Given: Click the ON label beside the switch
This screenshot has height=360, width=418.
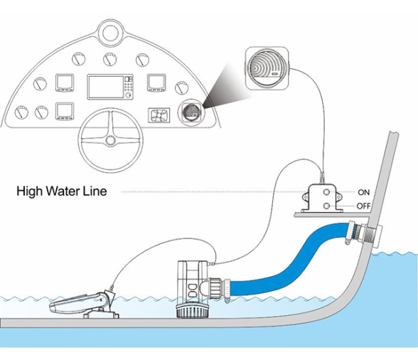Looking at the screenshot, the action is point(364,192).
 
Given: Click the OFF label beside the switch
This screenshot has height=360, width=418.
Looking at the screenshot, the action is point(364,206).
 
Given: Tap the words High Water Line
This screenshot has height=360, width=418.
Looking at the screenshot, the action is point(62,191).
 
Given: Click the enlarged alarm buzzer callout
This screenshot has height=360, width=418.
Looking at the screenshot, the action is point(267,68).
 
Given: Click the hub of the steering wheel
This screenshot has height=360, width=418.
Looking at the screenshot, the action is point(110,140).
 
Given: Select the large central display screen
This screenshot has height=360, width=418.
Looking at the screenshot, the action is point(106,87).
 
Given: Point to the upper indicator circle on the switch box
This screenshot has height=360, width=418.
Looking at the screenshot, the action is point(326,192).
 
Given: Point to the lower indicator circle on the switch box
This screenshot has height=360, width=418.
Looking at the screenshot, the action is point(326,206).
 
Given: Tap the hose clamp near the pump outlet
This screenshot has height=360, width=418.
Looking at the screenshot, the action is point(227,290).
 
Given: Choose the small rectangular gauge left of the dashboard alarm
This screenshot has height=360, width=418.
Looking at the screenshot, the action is point(159,115).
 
